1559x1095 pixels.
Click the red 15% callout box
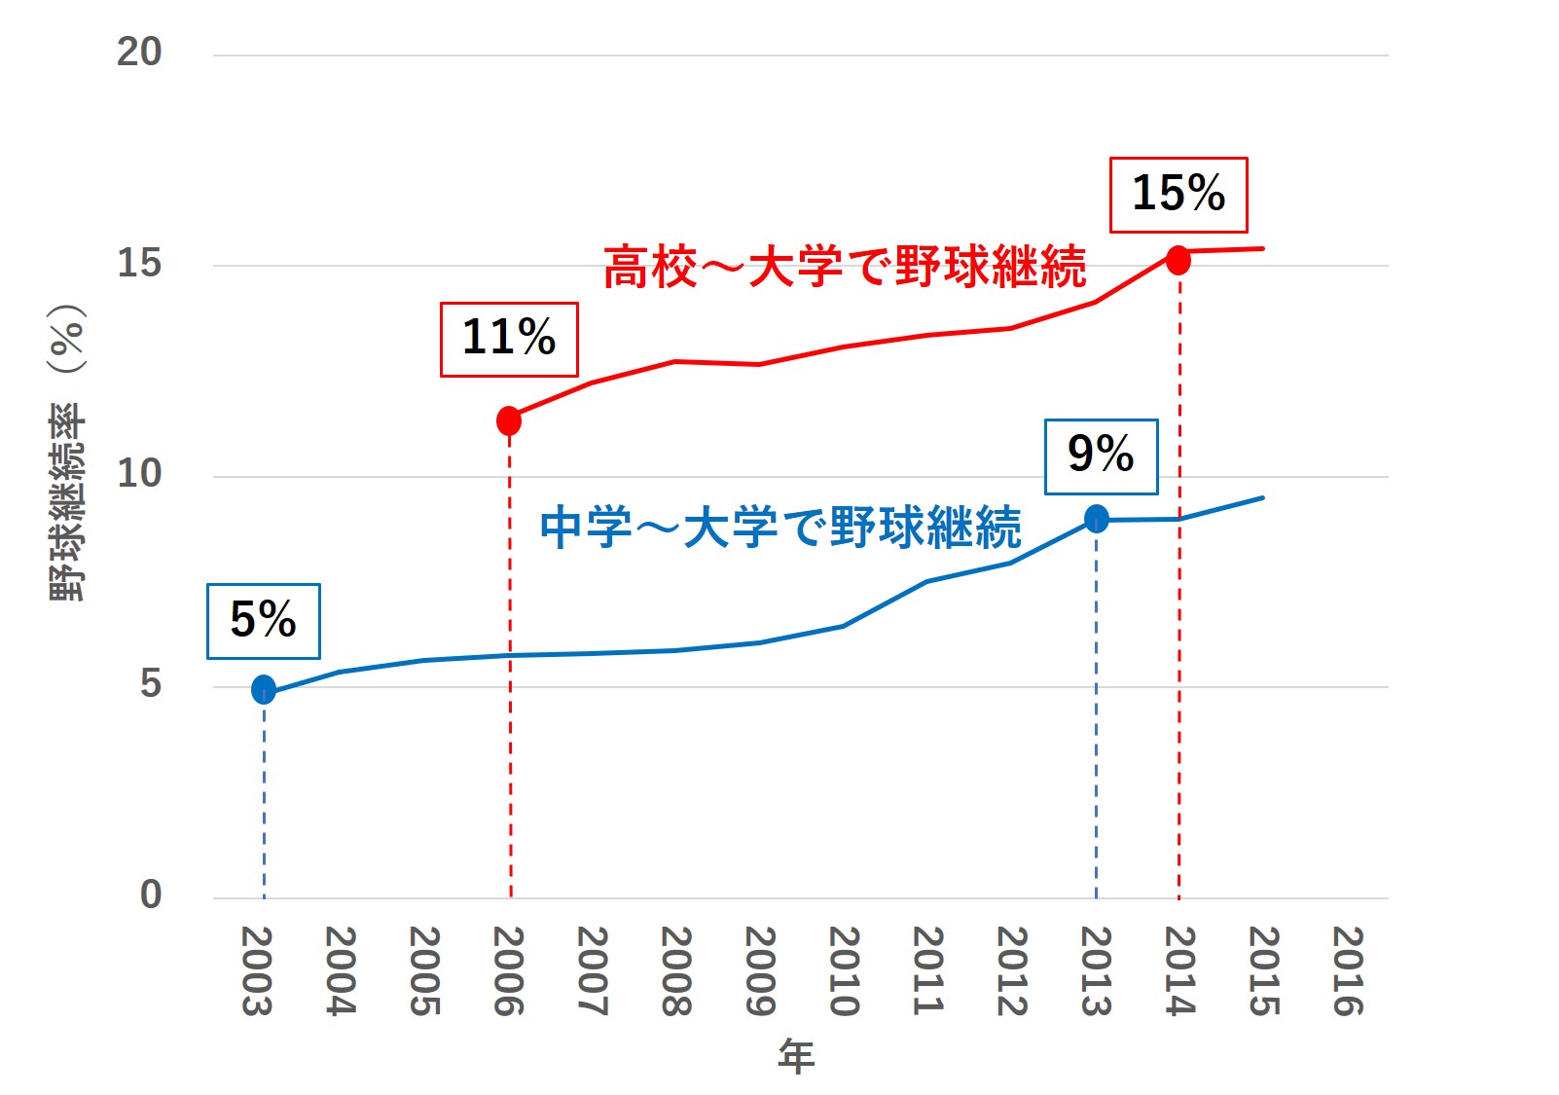[x=1178, y=195]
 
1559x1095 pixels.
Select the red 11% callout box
[x=509, y=339]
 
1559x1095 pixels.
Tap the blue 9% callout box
[x=1101, y=456]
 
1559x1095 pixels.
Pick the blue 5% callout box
[x=263, y=621]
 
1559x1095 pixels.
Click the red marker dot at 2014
[x=1178, y=260]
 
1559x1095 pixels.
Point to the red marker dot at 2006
[x=509, y=420]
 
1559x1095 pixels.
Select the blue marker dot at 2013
[x=1097, y=519]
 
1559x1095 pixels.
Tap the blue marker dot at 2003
[x=264, y=689]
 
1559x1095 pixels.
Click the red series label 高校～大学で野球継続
[x=845, y=267]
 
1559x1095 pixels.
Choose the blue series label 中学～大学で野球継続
[x=780, y=528]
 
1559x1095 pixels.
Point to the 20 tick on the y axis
[x=139, y=52]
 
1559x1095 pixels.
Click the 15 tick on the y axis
[x=139, y=263]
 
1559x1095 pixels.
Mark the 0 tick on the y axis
[x=151, y=894]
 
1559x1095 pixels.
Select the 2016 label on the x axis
[x=1348, y=970]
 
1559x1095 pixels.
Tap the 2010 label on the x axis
[x=844, y=970]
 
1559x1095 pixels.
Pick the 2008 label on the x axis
[x=676, y=970]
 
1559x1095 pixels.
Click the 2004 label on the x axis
[x=340, y=970]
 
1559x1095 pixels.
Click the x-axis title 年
[x=796, y=1057]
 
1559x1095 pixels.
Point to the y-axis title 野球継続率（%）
[x=68, y=453]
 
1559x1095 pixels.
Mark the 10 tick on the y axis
[x=139, y=473]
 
